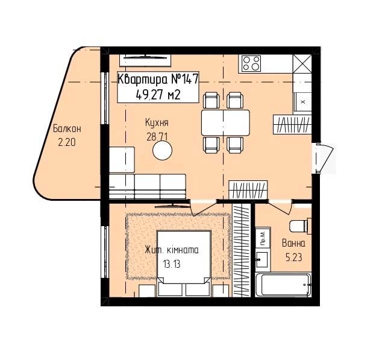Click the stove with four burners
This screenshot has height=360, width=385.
pyautogui.click(x=251, y=63)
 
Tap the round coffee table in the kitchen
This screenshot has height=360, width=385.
pyautogui.click(x=162, y=151)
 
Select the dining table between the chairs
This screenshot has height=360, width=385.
pyautogui.click(x=225, y=122)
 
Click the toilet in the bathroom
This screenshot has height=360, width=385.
pyautogui.click(x=300, y=226)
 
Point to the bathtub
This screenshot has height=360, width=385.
pyautogui.click(x=283, y=285)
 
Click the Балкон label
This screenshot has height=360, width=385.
pyautogui.click(x=67, y=129)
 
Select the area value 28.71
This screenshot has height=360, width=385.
pyautogui.click(x=157, y=137)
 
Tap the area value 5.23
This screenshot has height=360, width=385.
pyautogui.click(x=293, y=257)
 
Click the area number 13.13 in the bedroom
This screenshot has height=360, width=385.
pyautogui.click(x=172, y=264)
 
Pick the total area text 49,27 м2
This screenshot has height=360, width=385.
pyautogui.click(x=158, y=95)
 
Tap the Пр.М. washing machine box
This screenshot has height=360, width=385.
pyautogui.click(x=263, y=238)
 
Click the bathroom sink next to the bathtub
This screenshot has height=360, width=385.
pyautogui.click(x=263, y=260)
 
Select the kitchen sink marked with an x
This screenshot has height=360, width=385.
pyautogui.click(x=302, y=102)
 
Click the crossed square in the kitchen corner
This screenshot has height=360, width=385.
pyautogui.click(x=302, y=64)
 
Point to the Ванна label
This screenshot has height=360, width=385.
pyautogui.click(x=293, y=243)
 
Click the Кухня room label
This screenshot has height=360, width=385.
pyautogui.click(x=157, y=122)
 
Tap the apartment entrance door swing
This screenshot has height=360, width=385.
pyautogui.click(x=323, y=158)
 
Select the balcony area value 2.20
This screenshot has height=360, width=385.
pyautogui.click(x=67, y=142)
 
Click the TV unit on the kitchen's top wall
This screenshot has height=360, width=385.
pyautogui.click(x=145, y=60)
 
